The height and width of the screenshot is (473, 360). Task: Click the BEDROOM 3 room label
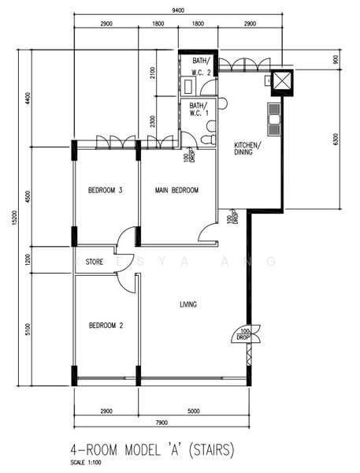105,190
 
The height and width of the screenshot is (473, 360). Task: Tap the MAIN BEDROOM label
176,190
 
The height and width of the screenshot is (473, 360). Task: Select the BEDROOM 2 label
105,325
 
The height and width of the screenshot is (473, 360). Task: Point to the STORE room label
95,262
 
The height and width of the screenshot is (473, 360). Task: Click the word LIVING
188,304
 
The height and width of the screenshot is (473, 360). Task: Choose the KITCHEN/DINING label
250,150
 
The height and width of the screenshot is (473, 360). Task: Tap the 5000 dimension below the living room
193,410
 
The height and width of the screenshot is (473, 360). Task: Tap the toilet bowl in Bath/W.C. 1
206,140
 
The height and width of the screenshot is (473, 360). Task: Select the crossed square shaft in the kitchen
281,80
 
